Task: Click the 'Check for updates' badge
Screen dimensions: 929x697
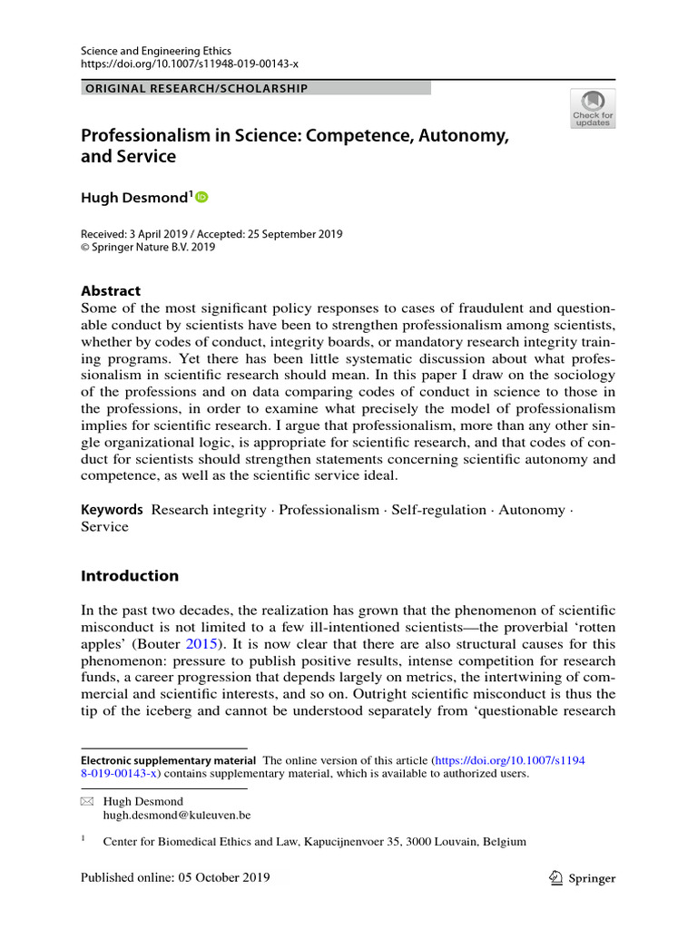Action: pyautogui.click(x=593, y=108)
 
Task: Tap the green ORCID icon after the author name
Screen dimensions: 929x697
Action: pyautogui.click(x=201, y=197)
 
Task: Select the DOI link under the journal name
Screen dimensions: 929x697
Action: pyautogui.click(x=190, y=64)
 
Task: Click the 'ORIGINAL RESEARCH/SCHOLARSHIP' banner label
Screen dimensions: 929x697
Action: pyautogui.click(x=195, y=89)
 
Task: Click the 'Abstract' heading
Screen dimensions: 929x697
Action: pyautogui.click(x=111, y=291)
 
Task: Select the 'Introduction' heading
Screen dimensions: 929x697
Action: pyautogui.click(x=130, y=576)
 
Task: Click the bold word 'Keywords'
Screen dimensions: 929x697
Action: pyautogui.click(x=112, y=510)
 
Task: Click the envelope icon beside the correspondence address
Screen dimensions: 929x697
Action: pyautogui.click(x=87, y=802)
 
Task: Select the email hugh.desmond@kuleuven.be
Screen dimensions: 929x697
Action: pyautogui.click(x=177, y=816)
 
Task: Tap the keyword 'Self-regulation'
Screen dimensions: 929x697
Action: pyautogui.click(x=438, y=510)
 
